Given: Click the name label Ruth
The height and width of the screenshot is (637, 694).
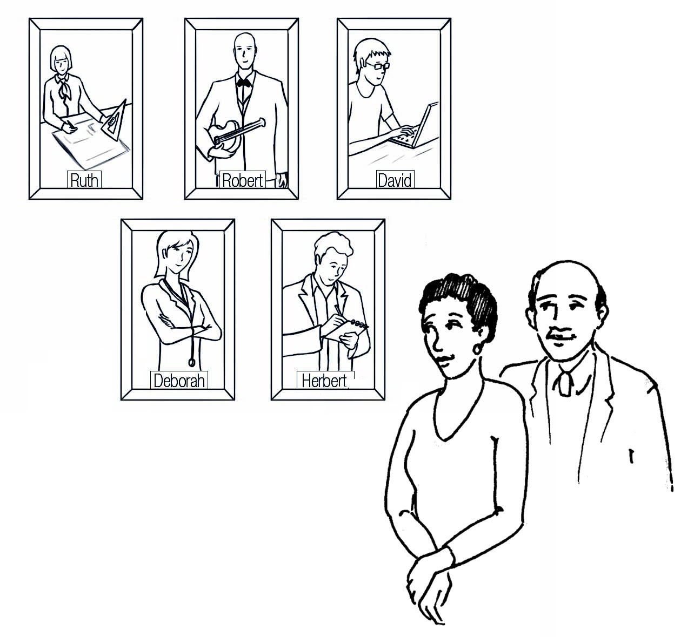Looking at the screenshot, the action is [x=84, y=180].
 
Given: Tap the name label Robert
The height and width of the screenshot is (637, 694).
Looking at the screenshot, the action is [x=243, y=180].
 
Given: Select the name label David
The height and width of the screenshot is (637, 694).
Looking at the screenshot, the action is [x=395, y=180].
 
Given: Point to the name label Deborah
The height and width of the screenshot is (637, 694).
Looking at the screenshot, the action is [x=179, y=381].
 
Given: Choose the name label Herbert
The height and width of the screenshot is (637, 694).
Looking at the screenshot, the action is [x=325, y=381].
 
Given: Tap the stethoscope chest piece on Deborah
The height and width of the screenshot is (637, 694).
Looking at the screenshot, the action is [x=192, y=363].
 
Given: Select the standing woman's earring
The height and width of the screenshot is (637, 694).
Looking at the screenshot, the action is [x=477, y=349].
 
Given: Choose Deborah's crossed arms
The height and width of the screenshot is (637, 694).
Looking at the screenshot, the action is [x=183, y=328].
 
